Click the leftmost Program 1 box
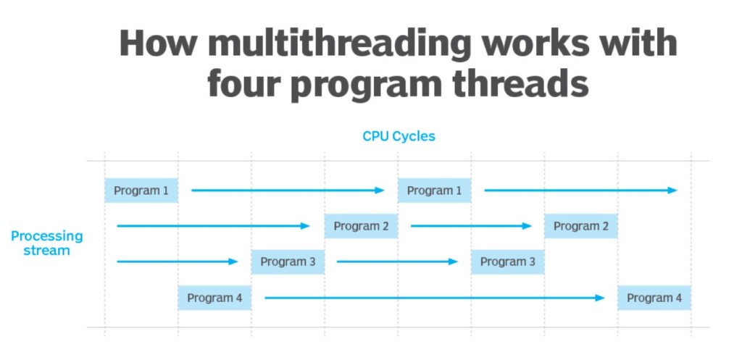click(x=141, y=191)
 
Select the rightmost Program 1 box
click(x=434, y=191)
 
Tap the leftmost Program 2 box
click(x=361, y=226)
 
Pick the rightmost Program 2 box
click(x=581, y=226)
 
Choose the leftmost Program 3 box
click(x=288, y=261)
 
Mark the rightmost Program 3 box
click(x=507, y=261)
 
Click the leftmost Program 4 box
click(x=214, y=298)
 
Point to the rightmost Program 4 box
click(x=654, y=298)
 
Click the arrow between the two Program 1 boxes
click(x=288, y=191)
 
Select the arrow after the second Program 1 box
click(x=580, y=191)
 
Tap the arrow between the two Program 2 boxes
click(x=471, y=226)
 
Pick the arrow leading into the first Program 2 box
click(x=213, y=226)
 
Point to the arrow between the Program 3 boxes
click(x=397, y=261)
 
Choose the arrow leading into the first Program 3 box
click(x=177, y=261)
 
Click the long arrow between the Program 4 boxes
click(x=434, y=298)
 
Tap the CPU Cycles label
click(x=399, y=136)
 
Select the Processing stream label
click(x=47, y=243)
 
